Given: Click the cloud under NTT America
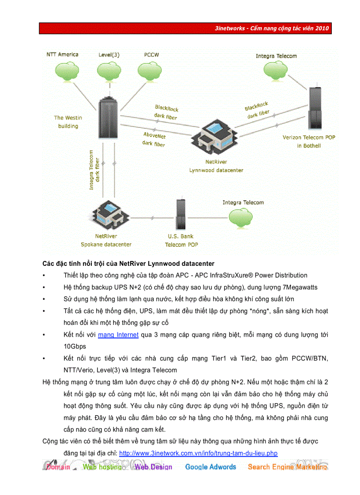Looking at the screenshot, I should [62, 71].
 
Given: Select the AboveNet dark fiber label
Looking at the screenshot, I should [154, 139].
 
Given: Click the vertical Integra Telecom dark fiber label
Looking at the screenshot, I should [94, 170].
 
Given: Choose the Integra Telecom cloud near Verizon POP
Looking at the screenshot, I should [277, 70].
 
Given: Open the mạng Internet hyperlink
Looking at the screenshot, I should [118, 335].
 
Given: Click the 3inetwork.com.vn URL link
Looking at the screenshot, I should [198, 453].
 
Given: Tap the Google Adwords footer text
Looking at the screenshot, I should [210, 467].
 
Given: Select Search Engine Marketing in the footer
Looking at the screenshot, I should [287, 467].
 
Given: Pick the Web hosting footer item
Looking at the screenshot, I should [102, 467].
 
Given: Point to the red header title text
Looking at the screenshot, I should [272, 29].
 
